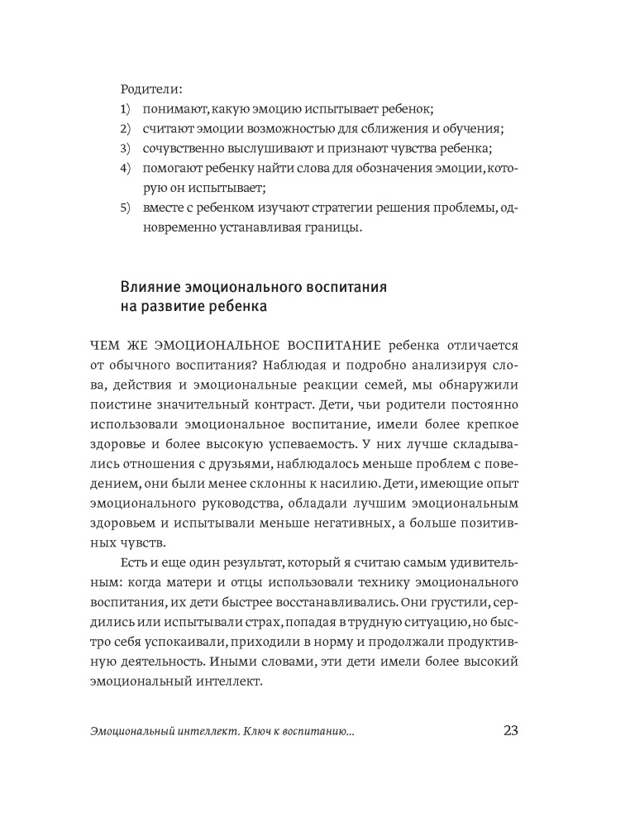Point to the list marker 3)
point(126,149)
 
